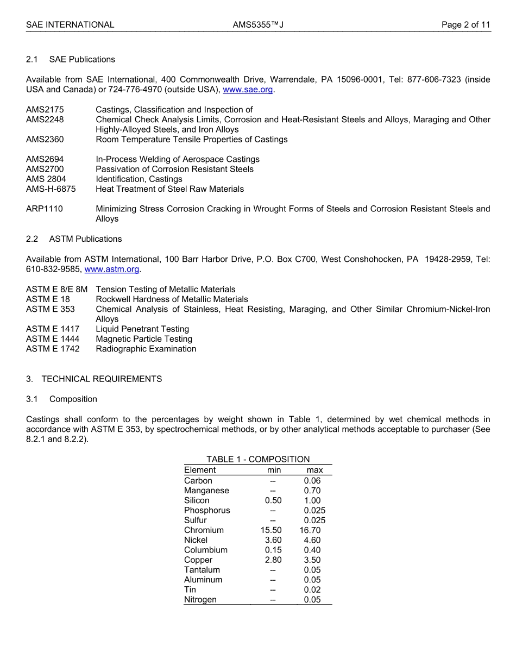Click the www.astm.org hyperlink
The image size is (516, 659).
112,269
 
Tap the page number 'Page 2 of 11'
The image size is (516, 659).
465,25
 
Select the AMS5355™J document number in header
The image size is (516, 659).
258,25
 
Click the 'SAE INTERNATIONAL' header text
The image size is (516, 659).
70,25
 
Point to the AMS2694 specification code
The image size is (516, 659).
45,159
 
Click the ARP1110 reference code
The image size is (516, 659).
44,209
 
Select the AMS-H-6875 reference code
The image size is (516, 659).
51,189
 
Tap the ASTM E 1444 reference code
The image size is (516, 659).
53,339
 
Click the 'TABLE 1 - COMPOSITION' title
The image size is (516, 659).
258,460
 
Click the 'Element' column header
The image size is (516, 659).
200,470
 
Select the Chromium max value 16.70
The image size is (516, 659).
310,530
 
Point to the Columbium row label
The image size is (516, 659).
205,550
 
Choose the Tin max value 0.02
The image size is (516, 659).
312,589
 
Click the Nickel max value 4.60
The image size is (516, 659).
312,540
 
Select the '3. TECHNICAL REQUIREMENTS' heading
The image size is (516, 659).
94,379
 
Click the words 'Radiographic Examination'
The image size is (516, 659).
146,349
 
